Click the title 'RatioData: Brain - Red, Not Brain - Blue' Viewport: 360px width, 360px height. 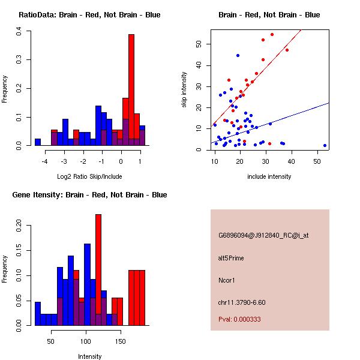(x=89, y=15)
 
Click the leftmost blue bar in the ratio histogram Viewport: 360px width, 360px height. (x=38, y=142)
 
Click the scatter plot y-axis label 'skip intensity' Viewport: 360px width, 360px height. (x=185, y=90)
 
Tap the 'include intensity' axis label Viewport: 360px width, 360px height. (x=270, y=176)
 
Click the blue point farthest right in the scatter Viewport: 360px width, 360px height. (x=325, y=145)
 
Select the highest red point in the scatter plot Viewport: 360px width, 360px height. (x=272, y=34)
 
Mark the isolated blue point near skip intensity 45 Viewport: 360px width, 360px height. (x=238, y=55)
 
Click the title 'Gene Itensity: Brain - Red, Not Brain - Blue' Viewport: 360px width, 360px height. (x=89, y=195)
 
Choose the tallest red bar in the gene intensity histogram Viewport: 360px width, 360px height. (x=98, y=264)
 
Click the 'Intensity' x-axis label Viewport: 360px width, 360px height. (x=89, y=356)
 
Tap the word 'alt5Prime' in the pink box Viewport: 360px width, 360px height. (x=230, y=257)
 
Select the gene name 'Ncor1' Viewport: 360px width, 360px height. (x=226, y=280)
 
